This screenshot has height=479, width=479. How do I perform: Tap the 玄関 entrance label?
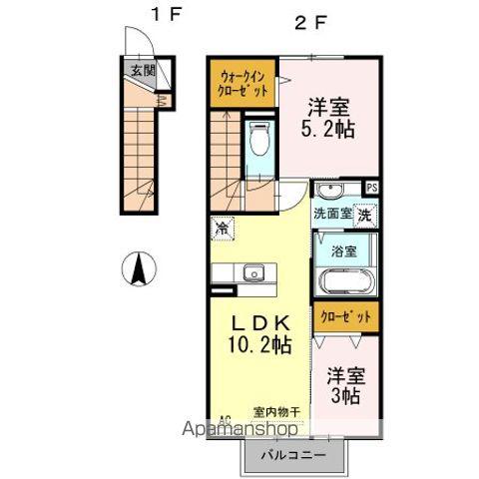click(141, 70)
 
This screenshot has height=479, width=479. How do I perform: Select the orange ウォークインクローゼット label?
click(243, 83)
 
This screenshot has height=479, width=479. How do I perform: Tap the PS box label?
click(372, 188)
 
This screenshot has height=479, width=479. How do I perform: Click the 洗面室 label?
click(332, 214)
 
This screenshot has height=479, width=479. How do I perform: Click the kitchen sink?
click(252, 272)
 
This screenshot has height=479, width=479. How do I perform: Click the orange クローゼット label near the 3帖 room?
click(345, 317)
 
